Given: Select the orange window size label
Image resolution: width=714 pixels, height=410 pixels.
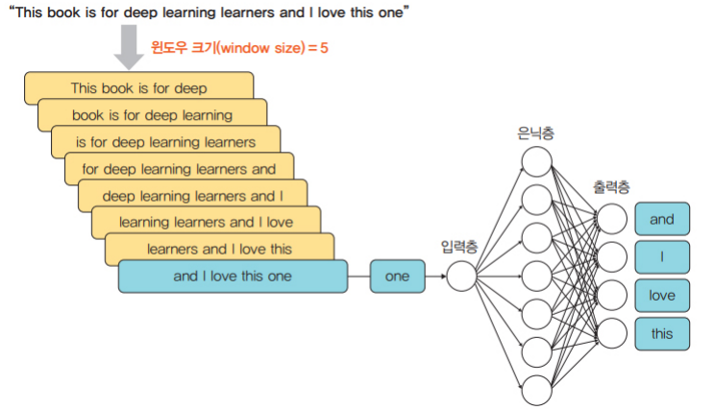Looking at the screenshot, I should click(x=239, y=47).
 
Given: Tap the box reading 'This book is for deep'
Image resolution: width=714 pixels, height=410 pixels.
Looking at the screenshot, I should click(x=138, y=88).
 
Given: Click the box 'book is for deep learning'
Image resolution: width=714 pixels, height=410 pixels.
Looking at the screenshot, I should click(x=152, y=115).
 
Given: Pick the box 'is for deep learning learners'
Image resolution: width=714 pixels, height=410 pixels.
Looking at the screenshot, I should click(x=165, y=142).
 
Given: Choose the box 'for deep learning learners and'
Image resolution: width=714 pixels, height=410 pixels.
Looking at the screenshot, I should click(x=179, y=169).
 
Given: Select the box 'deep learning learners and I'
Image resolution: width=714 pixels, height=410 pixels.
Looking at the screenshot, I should click(x=192, y=196).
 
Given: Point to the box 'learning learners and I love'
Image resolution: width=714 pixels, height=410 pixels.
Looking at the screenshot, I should click(x=206, y=223).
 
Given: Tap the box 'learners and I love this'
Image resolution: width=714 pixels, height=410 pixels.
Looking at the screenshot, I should click(x=219, y=249).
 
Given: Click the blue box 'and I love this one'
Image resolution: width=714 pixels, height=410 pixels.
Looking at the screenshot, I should click(x=232, y=277).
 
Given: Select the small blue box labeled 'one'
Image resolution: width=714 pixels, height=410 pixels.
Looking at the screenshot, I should click(x=397, y=277).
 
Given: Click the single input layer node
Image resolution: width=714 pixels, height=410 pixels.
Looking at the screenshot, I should click(x=461, y=277).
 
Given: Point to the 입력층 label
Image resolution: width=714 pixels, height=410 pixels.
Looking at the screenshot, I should click(x=459, y=247).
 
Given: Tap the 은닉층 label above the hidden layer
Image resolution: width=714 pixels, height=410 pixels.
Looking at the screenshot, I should click(x=535, y=133).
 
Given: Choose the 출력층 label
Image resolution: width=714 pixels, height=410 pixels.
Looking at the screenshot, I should click(x=611, y=185).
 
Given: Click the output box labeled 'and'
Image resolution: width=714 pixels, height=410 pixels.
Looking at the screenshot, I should click(x=662, y=219).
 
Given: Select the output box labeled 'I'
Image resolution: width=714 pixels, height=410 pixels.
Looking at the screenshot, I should click(x=662, y=257).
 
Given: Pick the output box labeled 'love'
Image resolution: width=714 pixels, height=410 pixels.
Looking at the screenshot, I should click(x=662, y=296).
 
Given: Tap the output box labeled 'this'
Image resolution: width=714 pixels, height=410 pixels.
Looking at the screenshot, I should click(x=662, y=334).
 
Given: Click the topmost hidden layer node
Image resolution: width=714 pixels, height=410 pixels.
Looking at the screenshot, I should click(x=536, y=161).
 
